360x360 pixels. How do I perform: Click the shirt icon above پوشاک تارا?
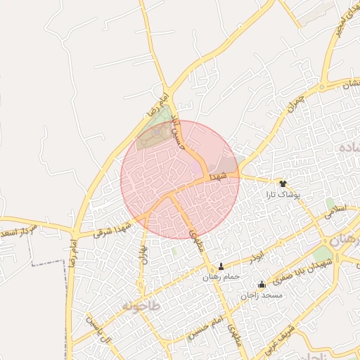point(283,182)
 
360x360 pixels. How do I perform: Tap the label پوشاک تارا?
point(288,193)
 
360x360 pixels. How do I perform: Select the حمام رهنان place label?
point(221,277)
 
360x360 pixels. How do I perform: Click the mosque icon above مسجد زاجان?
point(262,285)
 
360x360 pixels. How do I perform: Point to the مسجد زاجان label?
point(262,295)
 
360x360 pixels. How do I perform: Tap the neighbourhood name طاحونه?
point(141,307)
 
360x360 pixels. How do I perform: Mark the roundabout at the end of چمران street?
point(323,87)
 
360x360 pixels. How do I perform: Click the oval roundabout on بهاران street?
point(143,240)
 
